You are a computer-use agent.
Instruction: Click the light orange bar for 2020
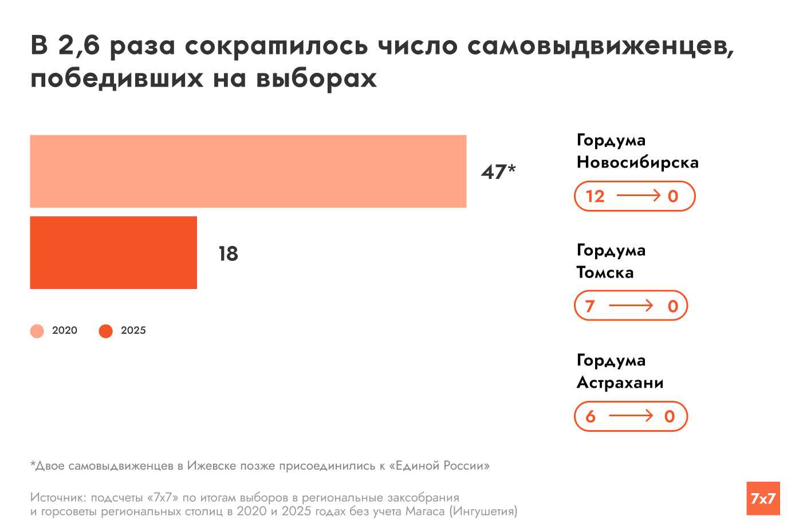point(248,171)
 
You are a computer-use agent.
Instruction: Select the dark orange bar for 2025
point(113,252)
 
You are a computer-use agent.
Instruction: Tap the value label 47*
point(498,171)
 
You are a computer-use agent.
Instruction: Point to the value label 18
point(228,253)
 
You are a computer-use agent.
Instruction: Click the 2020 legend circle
point(37,331)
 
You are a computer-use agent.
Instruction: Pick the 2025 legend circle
point(106,331)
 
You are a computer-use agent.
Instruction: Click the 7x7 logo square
point(763,498)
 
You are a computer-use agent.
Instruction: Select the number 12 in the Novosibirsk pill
point(595,197)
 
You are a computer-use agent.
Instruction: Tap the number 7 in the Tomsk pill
point(590,306)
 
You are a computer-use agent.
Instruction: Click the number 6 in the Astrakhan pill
point(591,417)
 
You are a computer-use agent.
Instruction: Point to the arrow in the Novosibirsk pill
point(639,196)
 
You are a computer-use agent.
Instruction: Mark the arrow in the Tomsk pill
point(631,306)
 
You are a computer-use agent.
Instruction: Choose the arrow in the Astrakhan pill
point(631,416)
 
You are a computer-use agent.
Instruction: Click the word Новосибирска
point(637,163)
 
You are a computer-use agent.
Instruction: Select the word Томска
point(605,272)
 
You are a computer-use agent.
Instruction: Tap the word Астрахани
point(620,382)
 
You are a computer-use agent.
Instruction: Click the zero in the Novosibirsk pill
point(673,197)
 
